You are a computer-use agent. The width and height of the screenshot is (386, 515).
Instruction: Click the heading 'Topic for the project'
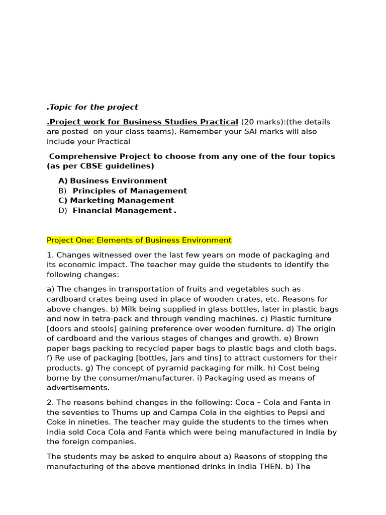93,107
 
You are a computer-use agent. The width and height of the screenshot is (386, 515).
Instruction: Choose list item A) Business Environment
113,181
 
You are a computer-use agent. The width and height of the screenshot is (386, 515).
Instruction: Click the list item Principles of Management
130,191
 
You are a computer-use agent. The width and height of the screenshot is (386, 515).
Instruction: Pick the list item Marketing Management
117,201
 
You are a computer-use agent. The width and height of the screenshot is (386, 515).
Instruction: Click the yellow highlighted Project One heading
139,240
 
